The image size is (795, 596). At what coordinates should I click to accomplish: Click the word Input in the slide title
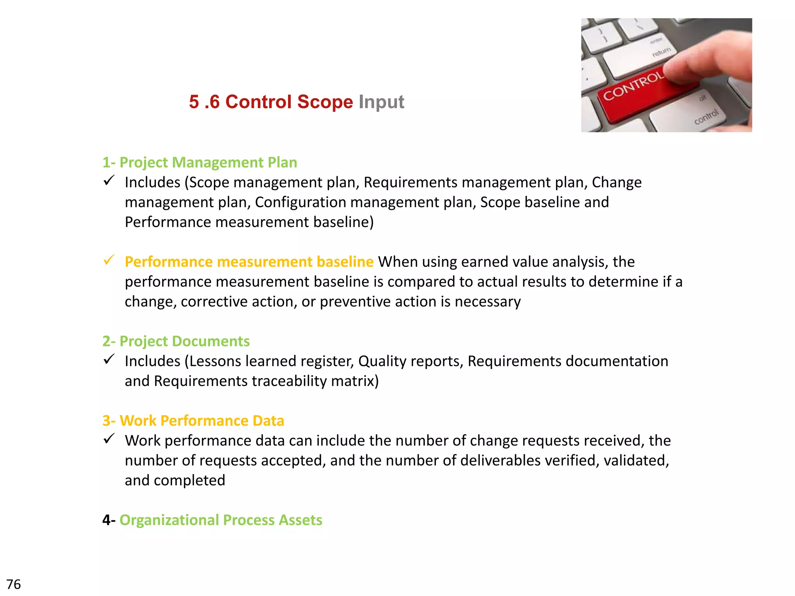381,102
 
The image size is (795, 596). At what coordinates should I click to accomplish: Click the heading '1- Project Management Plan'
200,162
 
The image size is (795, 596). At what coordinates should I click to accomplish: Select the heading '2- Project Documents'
176,341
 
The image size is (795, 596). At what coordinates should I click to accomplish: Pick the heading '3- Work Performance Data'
193,421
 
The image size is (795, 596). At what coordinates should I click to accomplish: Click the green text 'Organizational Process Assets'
220,520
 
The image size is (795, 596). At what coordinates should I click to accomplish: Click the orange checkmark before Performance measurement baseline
109,260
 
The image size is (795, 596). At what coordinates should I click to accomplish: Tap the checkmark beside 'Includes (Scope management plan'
109,180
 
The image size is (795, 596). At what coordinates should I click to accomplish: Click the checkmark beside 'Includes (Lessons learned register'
109,359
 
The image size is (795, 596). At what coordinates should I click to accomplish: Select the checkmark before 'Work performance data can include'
109,438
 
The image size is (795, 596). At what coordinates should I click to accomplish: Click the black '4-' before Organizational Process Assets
109,520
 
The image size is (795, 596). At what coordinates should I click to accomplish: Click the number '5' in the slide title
194,102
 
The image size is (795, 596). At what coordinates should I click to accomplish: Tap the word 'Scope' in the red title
325,102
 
